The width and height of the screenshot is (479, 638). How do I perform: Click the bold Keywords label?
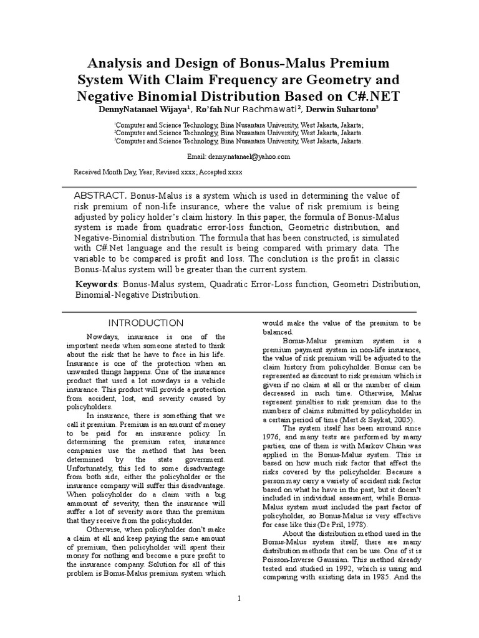click(x=96, y=284)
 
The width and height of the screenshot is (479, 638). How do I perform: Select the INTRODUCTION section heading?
click(x=146, y=323)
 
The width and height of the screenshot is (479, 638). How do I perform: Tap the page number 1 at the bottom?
click(x=239, y=599)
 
